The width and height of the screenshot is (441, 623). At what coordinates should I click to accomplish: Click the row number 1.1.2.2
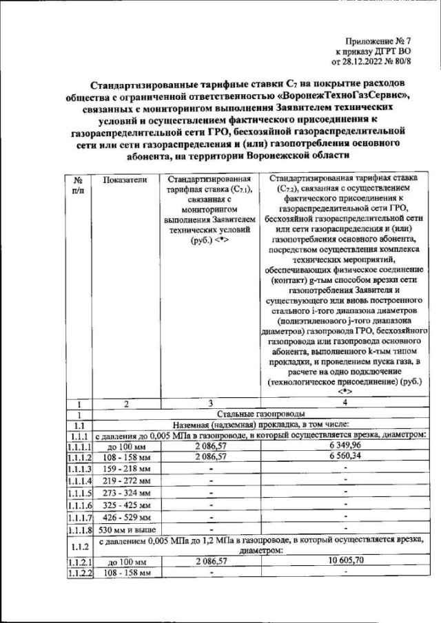click(80, 573)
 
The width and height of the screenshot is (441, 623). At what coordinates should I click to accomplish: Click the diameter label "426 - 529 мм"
click(125, 517)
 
